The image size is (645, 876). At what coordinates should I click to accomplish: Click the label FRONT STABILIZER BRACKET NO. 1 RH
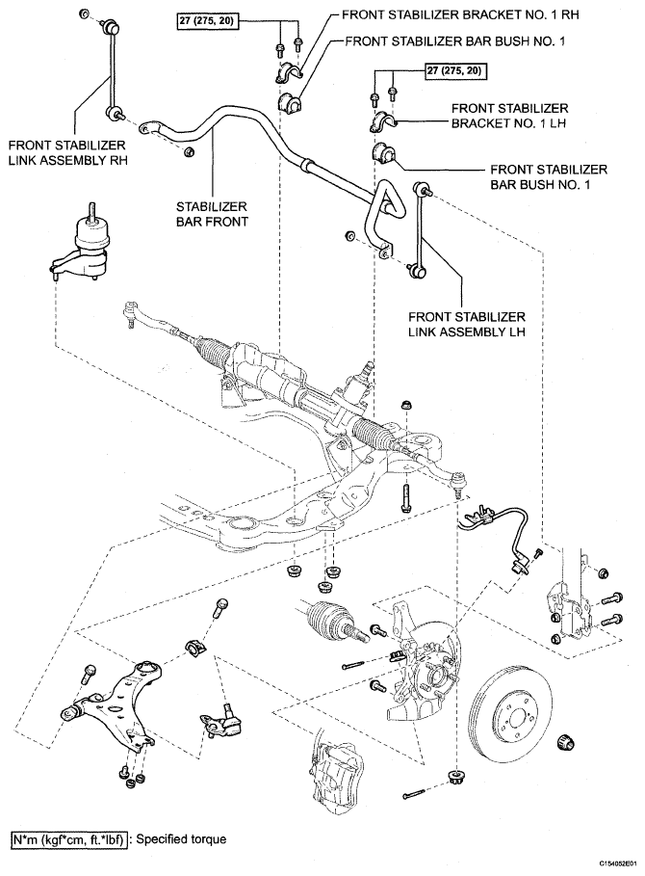pos(460,14)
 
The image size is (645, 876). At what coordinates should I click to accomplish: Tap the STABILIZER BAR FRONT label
pos(212,214)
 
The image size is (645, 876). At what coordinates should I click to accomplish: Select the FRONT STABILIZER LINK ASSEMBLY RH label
pos(67,152)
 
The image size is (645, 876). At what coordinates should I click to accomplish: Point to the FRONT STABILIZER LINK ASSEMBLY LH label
pos(467,324)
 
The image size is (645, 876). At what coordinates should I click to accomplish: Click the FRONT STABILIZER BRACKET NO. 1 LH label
pos(509,116)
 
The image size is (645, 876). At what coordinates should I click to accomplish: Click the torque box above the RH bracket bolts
pos(207,21)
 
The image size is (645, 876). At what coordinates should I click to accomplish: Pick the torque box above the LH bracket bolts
pos(453,71)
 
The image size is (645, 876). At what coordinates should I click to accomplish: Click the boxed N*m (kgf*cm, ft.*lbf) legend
pos(69,839)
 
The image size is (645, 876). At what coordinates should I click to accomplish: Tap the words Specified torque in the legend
pos(181,839)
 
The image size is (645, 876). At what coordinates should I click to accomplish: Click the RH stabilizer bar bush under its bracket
pos(289,102)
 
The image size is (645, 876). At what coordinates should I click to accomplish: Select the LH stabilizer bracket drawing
pos(382,121)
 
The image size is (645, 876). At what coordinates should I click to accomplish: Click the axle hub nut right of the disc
pos(566,742)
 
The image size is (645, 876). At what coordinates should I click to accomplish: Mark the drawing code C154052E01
pos(618,863)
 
